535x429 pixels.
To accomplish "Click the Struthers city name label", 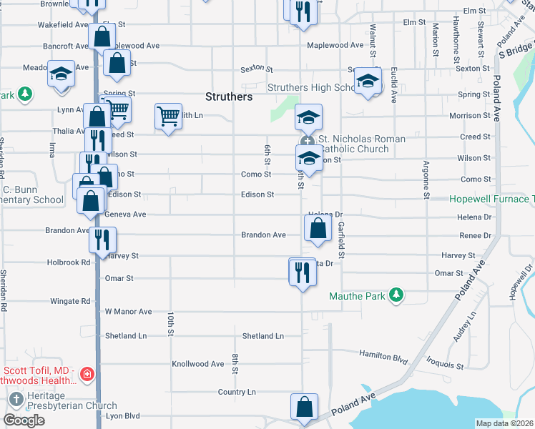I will (x=229, y=97).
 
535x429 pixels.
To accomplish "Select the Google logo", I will (x=24, y=420).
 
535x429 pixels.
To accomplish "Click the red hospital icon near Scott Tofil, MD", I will (x=87, y=374).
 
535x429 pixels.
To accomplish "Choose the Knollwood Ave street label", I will (x=197, y=364).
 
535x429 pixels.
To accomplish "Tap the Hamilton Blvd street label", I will (x=383, y=355).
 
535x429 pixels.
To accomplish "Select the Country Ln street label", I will (x=237, y=392).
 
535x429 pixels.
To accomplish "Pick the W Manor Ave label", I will (x=129, y=312).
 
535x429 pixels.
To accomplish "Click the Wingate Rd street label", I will (x=70, y=301).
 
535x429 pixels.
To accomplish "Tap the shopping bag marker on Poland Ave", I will (x=304, y=406).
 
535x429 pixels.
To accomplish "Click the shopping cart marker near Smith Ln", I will (x=168, y=115).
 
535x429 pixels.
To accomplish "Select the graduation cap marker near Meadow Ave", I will (x=62, y=74).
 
